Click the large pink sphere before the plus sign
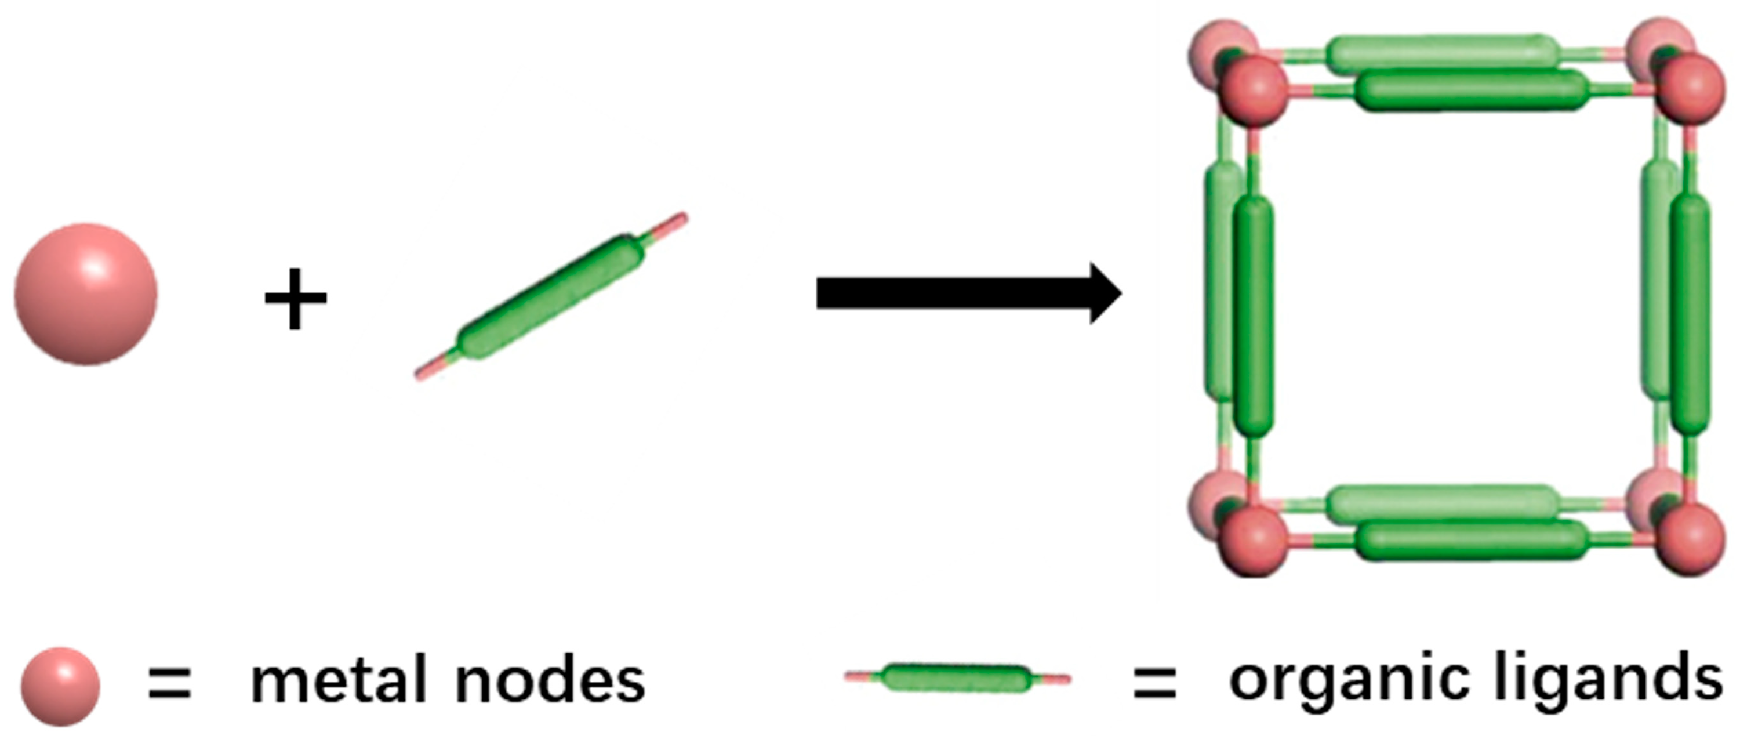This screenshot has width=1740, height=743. [86, 295]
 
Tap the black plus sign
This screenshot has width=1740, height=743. [295, 299]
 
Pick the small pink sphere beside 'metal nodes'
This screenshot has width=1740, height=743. [60, 687]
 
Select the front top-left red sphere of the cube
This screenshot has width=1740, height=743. [1254, 90]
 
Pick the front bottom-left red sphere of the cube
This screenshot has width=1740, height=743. [1254, 541]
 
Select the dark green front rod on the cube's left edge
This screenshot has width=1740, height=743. [1253, 316]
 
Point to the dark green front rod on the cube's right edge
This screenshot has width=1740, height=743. [1691, 315]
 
